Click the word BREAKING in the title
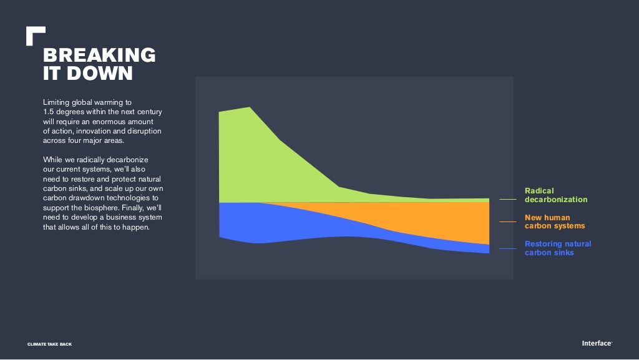point(99,55)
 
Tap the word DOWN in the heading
point(99,73)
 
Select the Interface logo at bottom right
point(597,343)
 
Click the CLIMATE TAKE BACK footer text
point(49,344)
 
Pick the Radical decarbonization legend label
point(556,195)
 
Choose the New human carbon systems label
point(555,221)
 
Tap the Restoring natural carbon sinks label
point(557,248)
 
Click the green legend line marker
point(508,199)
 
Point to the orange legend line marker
point(508,221)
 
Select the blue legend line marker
point(508,248)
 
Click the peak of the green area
point(250,107)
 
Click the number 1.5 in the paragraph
point(49,112)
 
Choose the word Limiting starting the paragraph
point(56,102)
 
